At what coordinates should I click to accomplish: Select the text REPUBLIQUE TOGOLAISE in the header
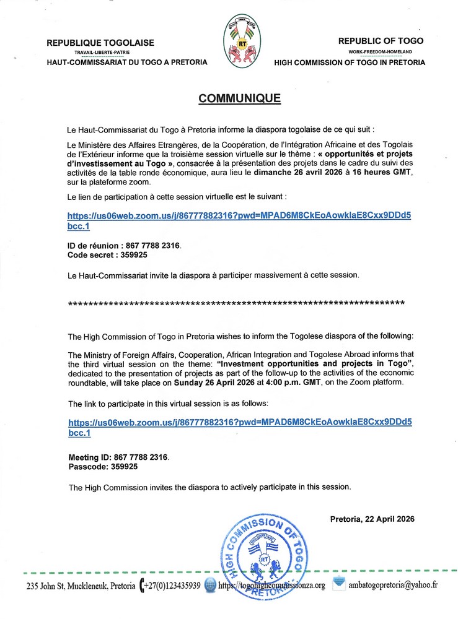(x=100, y=43)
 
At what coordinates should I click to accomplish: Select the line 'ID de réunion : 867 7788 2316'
(x=124, y=246)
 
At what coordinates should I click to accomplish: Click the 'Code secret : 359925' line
(x=107, y=254)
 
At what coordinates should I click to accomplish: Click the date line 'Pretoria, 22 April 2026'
(x=372, y=519)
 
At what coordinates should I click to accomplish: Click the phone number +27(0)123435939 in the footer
(x=173, y=585)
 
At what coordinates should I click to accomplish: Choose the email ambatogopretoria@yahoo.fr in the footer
(x=393, y=585)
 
